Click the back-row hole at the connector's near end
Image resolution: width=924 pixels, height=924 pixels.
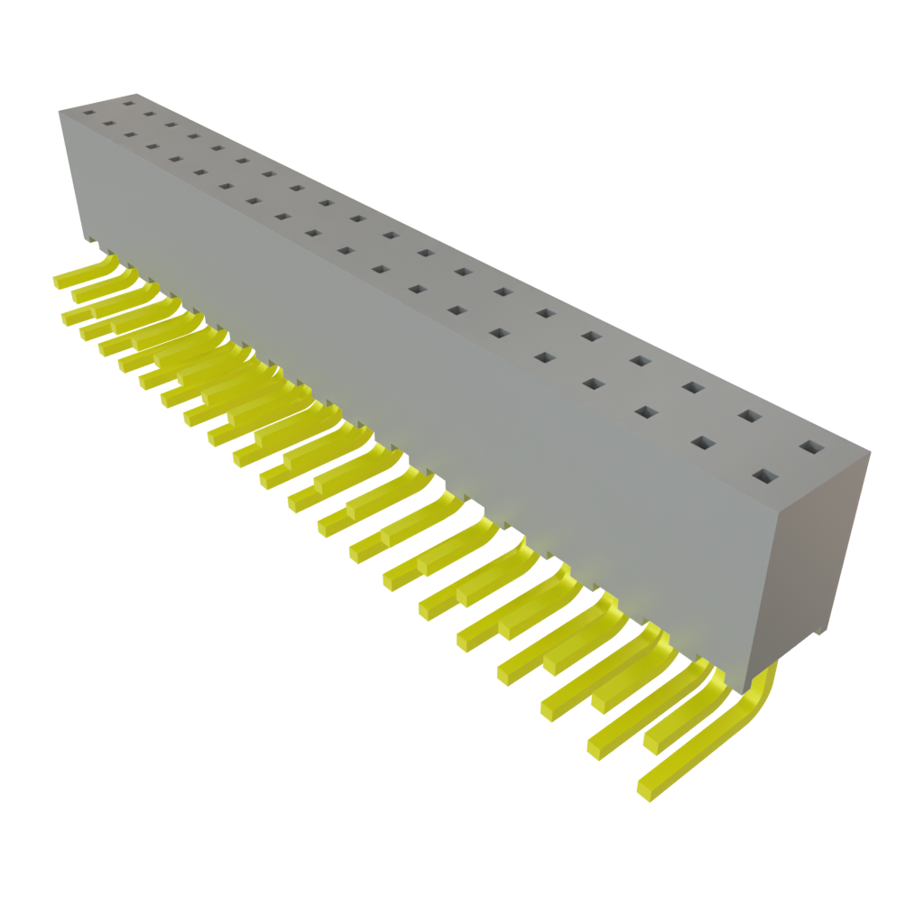pos(811,447)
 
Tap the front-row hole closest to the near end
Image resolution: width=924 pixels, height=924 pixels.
pos(765,476)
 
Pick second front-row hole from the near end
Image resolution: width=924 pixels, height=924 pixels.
pos(703,443)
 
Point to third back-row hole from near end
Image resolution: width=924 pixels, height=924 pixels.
pos(692,387)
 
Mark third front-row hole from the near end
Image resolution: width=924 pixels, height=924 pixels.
pos(646,412)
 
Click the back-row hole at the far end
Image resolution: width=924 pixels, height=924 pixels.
pos(127,103)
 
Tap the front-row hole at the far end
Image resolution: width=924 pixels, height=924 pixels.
pos(88,115)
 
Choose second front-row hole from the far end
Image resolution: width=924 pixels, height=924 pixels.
pos(108,125)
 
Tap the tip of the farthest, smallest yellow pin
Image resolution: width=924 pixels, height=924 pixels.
pos(58,282)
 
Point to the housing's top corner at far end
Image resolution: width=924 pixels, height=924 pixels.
pos(60,110)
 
